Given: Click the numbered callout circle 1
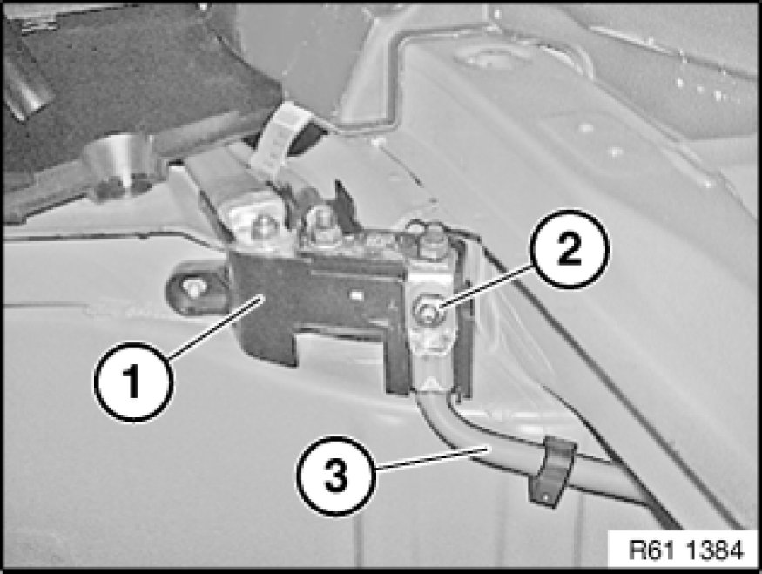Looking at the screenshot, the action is [133, 382].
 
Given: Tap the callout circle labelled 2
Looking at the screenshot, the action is [570, 249].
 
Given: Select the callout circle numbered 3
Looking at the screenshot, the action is [336, 476].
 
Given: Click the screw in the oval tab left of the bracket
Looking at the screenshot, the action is [193, 287].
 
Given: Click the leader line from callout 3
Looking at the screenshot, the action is [432, 458].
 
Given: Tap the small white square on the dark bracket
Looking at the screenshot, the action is [358, 295].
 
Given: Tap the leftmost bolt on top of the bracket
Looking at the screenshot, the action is [263, 226].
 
